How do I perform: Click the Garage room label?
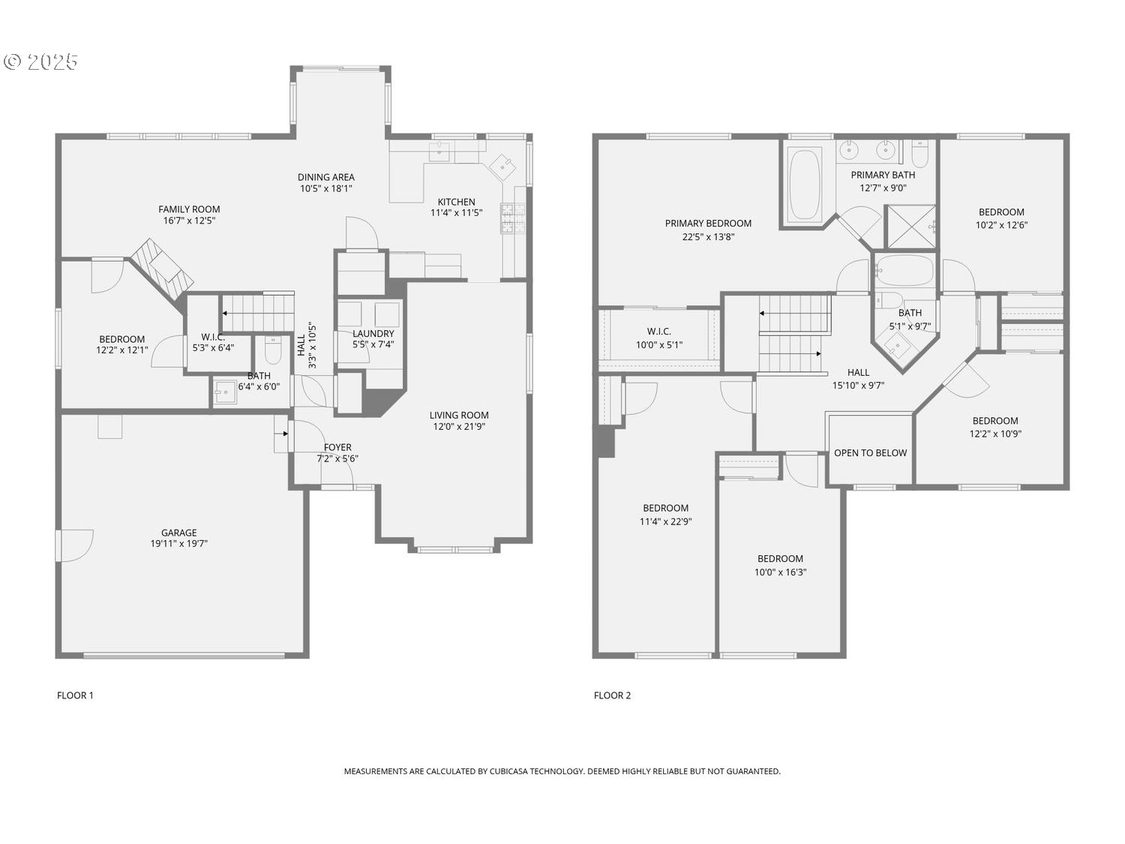[178, 533]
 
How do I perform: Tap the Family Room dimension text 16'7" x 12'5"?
[189, 221]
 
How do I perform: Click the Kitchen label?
[456, 202]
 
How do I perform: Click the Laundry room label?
[373, 334]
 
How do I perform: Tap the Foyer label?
[337, 447]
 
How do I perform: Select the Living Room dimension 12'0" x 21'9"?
[459, 427]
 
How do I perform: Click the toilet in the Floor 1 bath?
[273, 352]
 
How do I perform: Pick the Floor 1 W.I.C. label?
[213, 337]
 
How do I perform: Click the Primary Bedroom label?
[708, 224]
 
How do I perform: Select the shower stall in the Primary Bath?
[910, 227]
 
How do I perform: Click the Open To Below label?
[870, 453]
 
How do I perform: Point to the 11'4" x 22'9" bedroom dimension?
[665, 521]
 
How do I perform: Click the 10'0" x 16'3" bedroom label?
[780, 559]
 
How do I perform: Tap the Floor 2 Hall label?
[858, 373]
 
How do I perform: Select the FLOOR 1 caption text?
[75, 695]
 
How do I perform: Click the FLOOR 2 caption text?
[612, 695]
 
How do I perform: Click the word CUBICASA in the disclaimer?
[509, 771]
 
